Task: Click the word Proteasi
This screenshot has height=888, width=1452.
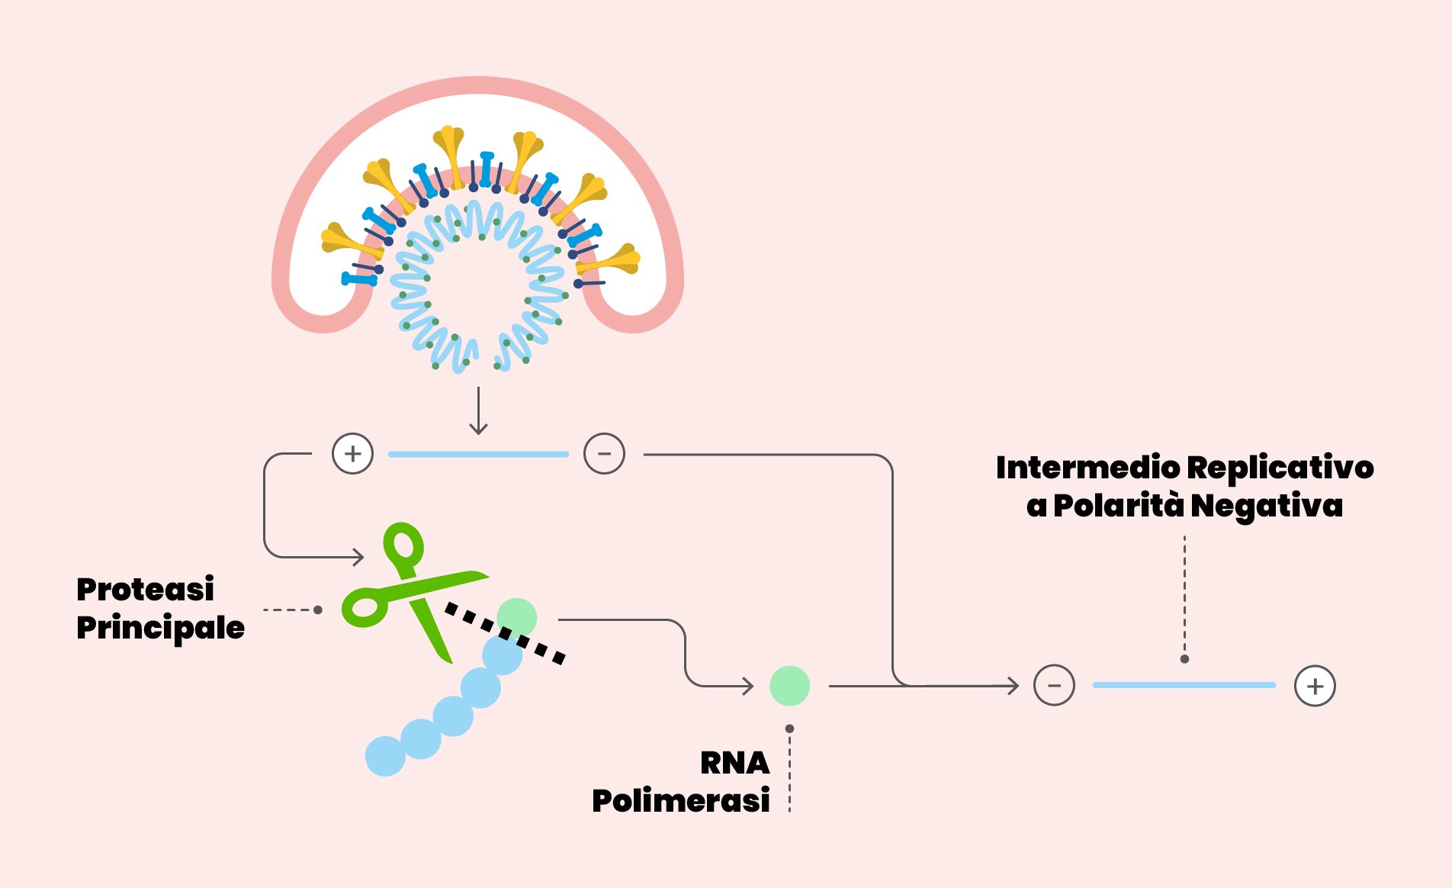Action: point(145,590)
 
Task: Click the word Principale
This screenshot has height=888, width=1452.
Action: point(160,628)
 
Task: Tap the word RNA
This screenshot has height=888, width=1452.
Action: point(734,763)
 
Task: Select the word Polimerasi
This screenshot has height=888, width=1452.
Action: point(681,801)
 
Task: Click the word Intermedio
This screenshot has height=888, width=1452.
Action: point(1087,468)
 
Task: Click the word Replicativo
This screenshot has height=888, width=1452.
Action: point(1280,468)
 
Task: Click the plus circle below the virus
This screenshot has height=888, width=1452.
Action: point(352,454)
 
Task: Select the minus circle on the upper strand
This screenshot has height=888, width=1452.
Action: point(604,454)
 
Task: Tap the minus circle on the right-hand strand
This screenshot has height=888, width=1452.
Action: point(1054,685)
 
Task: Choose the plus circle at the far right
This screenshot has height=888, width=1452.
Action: point(1315,686)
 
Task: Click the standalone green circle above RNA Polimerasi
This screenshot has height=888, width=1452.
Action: point(789,685)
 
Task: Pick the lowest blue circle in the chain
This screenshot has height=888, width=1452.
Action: point(385,756)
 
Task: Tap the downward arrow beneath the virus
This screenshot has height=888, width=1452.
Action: point(478,412)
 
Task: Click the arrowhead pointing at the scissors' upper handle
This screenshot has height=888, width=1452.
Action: point(358,557)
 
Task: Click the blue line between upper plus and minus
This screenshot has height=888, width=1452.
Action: point(478,454)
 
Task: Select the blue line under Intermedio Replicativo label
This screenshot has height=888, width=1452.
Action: point(1184,685)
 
